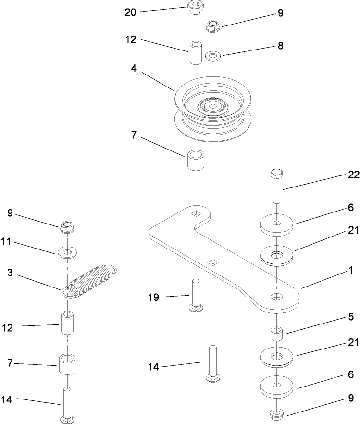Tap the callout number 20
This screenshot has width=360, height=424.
[130, 12]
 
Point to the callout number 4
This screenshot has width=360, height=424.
[134, 69]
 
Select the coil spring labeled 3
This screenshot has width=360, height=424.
[91, 278]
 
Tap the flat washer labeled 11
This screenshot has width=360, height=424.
[67, 251]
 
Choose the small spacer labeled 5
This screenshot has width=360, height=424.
[276, 333]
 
